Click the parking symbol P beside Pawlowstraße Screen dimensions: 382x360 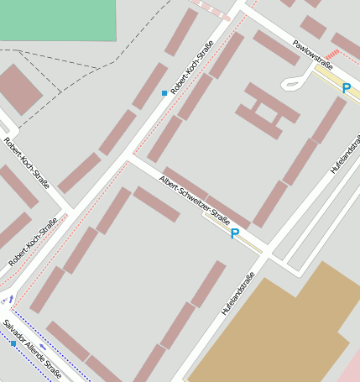346,87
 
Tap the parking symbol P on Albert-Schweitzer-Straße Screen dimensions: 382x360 235,234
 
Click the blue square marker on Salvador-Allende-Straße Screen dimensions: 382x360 13,343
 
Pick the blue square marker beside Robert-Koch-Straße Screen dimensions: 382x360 164,93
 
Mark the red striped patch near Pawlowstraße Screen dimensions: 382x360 331,55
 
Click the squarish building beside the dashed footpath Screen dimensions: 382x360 18,89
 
